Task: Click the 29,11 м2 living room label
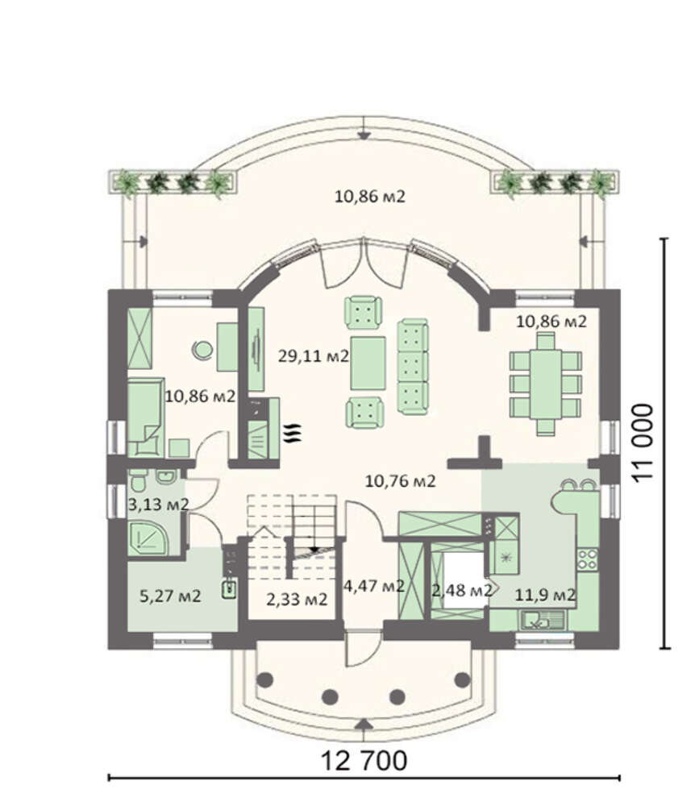click(x=314, y=355)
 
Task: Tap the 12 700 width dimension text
click(x=364, y=760)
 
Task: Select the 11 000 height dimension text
click(x=643, y=442)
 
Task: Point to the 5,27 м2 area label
click(x=170, y=596)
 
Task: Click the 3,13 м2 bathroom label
click(x=158, y=505)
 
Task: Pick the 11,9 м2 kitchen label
click(x=545, y=595)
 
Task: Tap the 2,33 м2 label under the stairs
click(x=297, y=599)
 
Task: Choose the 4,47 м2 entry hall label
click(x=374, y=585)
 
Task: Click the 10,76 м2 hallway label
click(x=400, y=481)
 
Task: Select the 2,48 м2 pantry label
click(x=462, y=591)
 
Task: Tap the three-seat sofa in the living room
click(x=412, y=367)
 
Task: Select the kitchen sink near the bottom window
click(x=543, y=620)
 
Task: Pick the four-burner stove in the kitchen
click(x=588, y=559)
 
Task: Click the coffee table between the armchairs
click(x=368, y=363)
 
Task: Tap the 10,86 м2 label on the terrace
click(x=369, y=197)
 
